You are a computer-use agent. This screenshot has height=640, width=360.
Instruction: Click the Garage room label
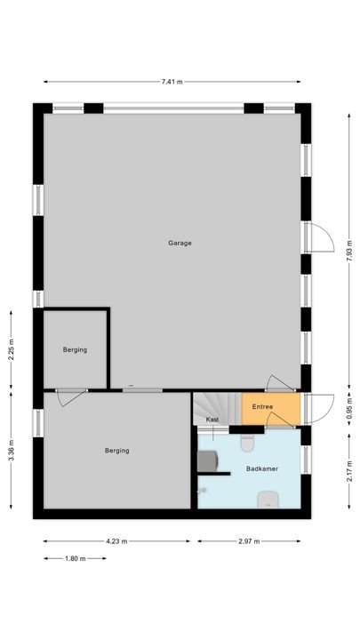[x=180, y=243]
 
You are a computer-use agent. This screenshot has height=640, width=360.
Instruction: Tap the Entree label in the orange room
[x=262, y=406]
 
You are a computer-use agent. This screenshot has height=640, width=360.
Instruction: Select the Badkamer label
[x=262, y=469]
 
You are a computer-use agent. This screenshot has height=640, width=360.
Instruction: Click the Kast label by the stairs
[x=212, y=420]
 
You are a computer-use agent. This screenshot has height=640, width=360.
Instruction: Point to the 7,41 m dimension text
[x=172, y=82]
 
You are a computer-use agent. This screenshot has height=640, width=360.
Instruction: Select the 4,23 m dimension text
[x=116, y=541]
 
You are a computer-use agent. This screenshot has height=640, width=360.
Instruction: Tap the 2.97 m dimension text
[x=249, y=541]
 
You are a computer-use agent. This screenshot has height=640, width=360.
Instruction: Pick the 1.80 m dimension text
[x=75, y=558]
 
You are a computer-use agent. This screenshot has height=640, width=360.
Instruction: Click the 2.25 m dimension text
[x=11, y=349]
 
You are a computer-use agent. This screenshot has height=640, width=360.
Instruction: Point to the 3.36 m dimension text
[x=11, y=451]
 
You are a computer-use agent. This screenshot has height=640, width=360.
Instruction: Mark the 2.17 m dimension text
[x=349, y=471]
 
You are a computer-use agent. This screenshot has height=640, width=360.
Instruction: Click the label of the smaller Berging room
[x=75, y=350]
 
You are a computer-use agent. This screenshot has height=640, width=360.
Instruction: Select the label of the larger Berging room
[x=116, y=451]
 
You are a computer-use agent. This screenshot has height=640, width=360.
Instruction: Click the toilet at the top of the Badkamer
[x=247, y=443]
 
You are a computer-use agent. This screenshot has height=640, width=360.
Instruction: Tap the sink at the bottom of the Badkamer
[x=268, y=500]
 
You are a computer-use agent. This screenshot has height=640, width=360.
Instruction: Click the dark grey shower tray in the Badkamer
[x=208, y=460]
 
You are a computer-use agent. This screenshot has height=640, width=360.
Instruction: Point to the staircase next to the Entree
[x=217, y=409]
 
